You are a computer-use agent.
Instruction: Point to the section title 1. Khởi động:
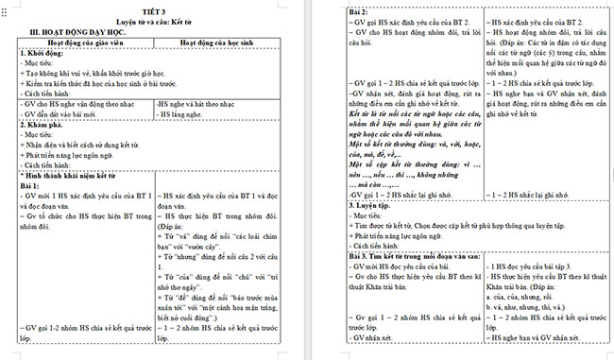(x=43, y=54)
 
